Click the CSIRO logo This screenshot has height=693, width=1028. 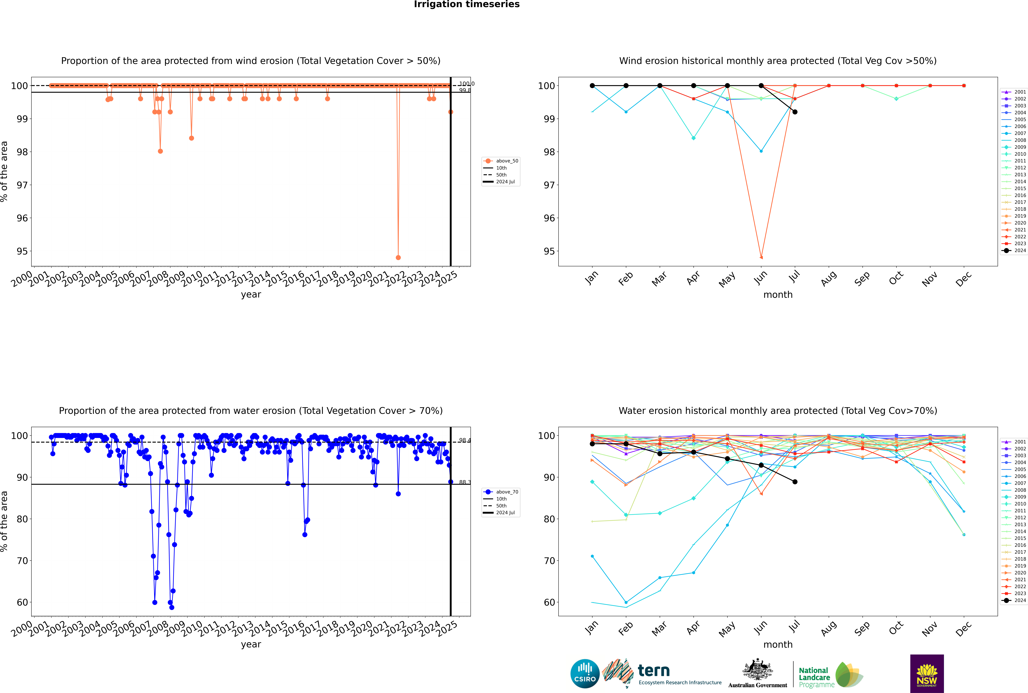(585, 674)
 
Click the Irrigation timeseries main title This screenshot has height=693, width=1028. (467, 4)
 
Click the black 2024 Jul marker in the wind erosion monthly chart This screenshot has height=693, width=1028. (795, 112)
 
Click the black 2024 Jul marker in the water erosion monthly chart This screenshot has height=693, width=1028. (795, 482)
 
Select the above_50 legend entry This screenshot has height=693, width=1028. (501, 161)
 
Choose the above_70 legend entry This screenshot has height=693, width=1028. (501, 492)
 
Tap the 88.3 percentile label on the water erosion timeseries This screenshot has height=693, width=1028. (464, 482)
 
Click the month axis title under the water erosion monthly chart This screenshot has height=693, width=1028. (778, 644)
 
